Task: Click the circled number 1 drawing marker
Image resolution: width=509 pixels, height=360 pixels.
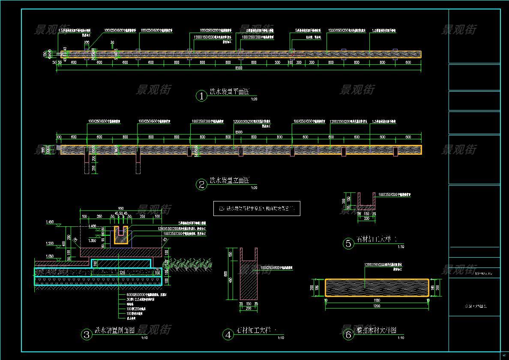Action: point(201,96)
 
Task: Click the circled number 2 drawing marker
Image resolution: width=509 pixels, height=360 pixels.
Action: point(201,185)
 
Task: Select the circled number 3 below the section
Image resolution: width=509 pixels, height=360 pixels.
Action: point(87,334)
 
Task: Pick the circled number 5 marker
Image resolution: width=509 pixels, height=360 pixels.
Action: point(348,243)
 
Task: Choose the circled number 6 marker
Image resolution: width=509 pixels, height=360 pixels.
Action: point(348,334)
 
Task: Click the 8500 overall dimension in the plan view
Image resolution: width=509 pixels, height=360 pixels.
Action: point(239,68)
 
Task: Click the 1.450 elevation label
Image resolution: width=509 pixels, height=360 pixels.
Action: point(50,222)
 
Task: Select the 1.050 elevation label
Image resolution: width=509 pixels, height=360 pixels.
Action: point(50,256)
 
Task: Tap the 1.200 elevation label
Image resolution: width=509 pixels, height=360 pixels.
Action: point(50,243)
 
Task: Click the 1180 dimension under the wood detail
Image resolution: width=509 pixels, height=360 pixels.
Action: point(377,300)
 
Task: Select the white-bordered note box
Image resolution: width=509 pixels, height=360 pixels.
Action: point(257,209)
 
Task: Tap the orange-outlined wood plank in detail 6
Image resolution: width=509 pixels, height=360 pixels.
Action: point(377,288)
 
